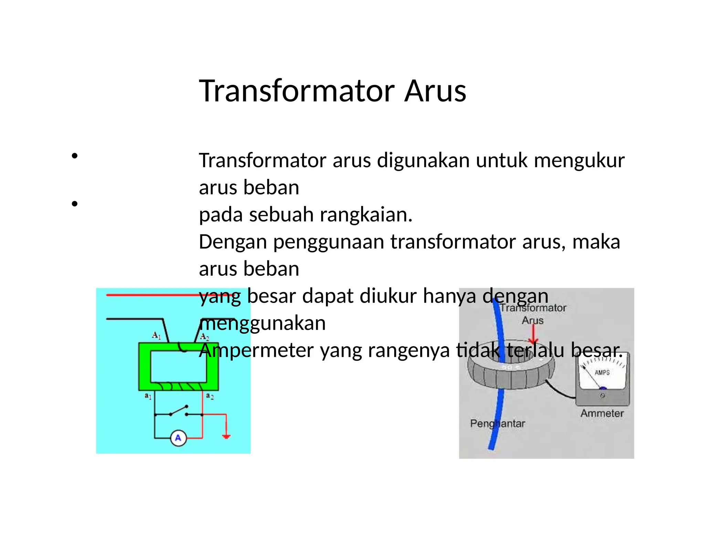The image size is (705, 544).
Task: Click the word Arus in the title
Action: click(x=435, y=91)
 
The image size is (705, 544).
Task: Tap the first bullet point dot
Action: click(x=74, y=156)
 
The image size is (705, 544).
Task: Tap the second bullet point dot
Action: click(x=74, y=204)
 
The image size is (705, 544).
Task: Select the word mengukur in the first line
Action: click(x=579, y=161)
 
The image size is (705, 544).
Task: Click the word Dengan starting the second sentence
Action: click(x=233, y=242)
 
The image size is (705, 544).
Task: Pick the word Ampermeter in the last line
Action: click(x=256, y=350)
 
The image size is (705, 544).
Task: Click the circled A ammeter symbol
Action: click(x=178, y=438)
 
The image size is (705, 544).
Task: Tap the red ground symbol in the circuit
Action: click(x=226, y=436)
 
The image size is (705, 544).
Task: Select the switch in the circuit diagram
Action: click(x=179, y=411)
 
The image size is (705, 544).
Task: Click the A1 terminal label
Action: click(x=156, y=335)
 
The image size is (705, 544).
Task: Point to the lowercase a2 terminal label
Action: click(x=210, y=396)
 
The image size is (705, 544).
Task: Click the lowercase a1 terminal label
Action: click(x=148, y=396)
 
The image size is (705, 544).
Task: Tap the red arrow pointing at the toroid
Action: click(x=533, y=335)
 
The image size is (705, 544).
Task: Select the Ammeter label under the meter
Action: click(x=602, y=413)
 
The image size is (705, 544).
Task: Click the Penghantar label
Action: click(x=497, y=423)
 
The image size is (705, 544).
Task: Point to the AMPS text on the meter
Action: click(x=602, y=372)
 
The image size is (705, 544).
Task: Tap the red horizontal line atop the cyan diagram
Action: click(x=151, y=295)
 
